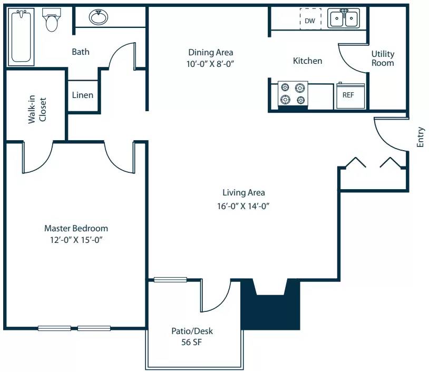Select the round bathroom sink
click(x=98, y=18)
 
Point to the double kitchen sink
click(x=344, y=19)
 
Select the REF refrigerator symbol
click(x=348, y=95)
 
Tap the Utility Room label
click(x=383, y=58)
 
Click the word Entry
click(x=420, y=137)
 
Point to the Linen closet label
click(x=83, y=95)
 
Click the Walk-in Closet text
click(x=37, y=110)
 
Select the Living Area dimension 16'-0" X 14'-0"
click(x=243, y=206)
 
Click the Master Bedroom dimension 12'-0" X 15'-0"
click(x=76, y=240)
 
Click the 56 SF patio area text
click(x=192, y=342)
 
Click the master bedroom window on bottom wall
click(x=74, y=328)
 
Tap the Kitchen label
click(x=307, y=61)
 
